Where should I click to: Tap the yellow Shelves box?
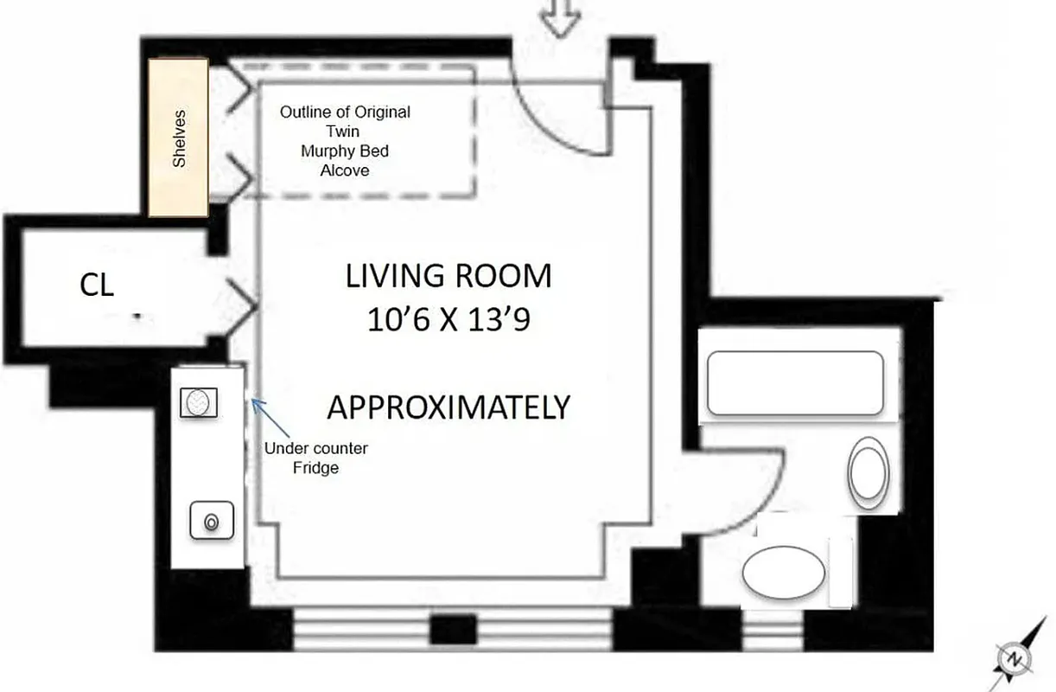[178, 138]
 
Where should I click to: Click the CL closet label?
[97, 285]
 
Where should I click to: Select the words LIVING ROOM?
[448, 277]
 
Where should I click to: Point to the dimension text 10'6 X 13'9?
[448, 321]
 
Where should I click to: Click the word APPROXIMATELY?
[448, 407]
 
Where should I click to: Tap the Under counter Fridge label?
[315, 458]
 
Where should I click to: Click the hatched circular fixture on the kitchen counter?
[199, 403]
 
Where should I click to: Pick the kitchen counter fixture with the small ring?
[209, 522]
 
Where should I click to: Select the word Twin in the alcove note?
[344, 131]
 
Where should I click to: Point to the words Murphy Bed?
[344, 151]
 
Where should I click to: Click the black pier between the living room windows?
[453, 629]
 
